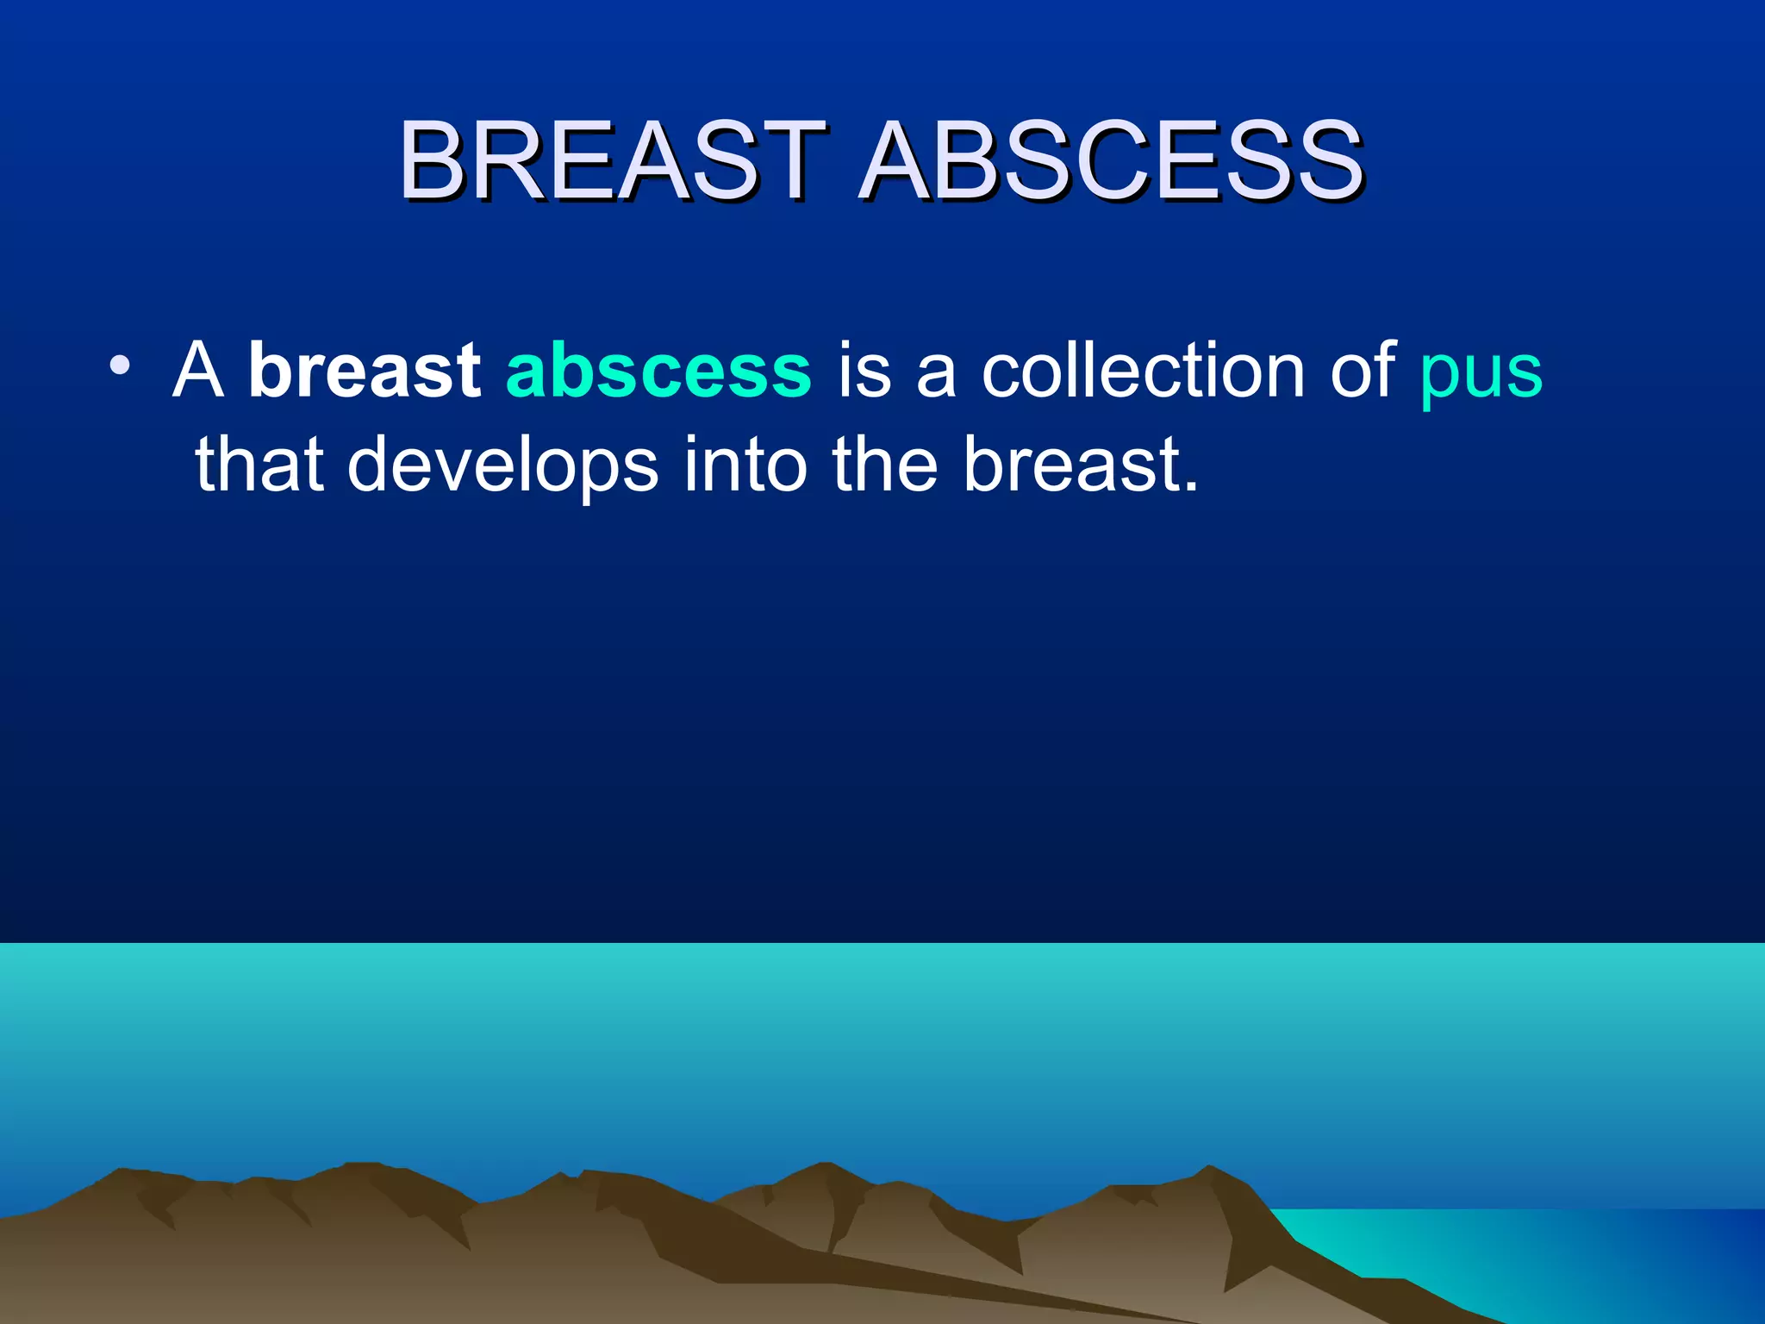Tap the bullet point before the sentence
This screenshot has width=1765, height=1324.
tap(120, 365)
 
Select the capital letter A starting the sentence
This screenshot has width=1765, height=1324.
tap(198, 371)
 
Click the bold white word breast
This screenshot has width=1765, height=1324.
tap(364, 371)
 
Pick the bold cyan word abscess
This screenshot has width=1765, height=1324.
tap(658, 371)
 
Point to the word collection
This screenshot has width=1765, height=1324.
tap(1144, 371)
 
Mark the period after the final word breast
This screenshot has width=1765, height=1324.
tap(1190, 488)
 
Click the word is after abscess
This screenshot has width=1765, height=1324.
tap(864, 371)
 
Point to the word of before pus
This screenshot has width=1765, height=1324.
tap(1362, 371)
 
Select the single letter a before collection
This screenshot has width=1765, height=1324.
tap(936, 378)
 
